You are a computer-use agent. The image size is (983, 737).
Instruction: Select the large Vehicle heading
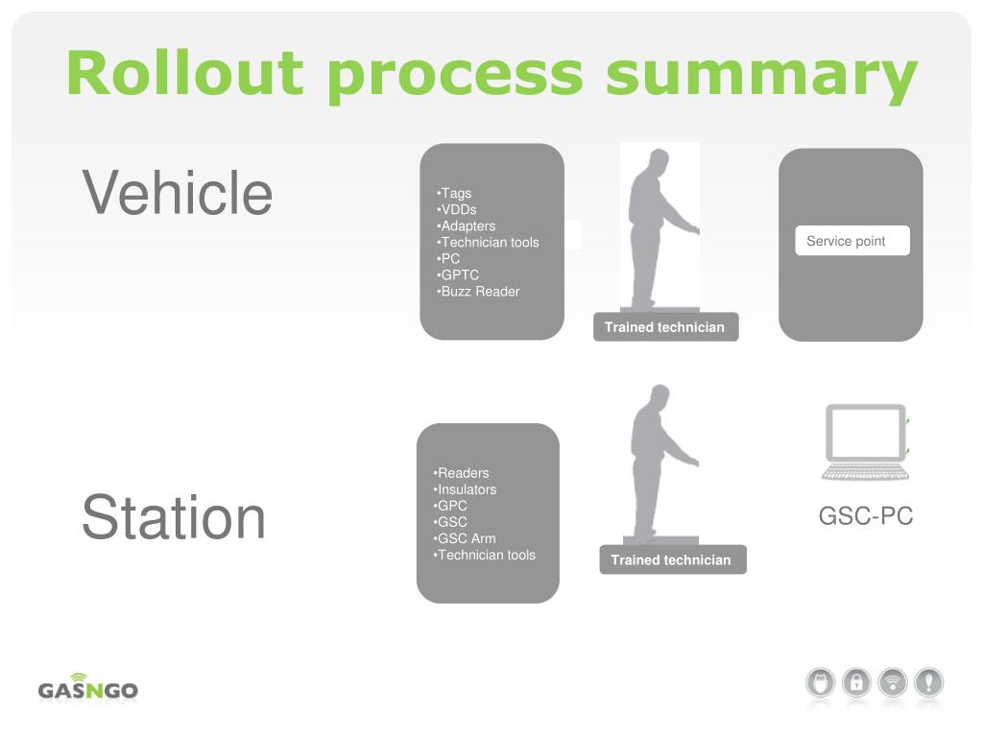coord(178,192)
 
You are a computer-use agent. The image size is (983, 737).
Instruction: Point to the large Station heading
coord(174,517)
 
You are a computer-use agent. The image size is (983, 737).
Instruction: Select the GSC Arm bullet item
coord(465,539)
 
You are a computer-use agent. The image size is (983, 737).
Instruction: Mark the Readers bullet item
coord(462,473)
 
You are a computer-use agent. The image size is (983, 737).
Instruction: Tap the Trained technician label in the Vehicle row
coord(664,327)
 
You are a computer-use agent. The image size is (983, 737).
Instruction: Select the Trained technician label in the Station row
coord(671,560)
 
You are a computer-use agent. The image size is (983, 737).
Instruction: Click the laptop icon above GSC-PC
coord(865,441)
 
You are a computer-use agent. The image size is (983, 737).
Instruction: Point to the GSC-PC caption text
coord(866,516)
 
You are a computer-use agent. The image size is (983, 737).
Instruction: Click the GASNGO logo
coord(88,687)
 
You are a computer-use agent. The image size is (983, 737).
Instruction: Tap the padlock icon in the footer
coord(856,683)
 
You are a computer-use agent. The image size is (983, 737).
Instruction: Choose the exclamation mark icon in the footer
coord(929,683)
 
